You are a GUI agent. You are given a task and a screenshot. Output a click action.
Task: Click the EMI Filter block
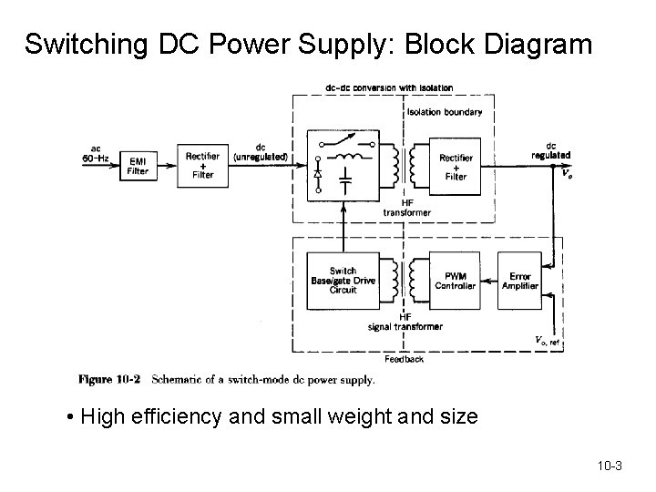tap(138, 167)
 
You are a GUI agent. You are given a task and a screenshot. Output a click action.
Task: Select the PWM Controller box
tap(455, 281)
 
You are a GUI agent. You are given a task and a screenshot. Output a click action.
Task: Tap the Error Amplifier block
tap(519, 281)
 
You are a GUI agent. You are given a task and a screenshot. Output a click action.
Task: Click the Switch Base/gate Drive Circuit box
tap(343, 282)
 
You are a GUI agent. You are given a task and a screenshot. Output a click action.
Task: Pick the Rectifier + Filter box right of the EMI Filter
tap(202, 166)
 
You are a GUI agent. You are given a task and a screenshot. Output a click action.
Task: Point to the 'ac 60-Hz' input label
tap(96, 154)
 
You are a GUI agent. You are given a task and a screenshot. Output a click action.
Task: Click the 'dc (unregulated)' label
tap(261, 152)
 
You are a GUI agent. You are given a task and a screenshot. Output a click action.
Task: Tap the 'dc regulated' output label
tap(550, 150)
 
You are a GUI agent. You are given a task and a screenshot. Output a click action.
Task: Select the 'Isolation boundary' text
tap(446, 112)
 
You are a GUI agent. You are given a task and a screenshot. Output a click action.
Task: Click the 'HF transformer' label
tap(406, 208)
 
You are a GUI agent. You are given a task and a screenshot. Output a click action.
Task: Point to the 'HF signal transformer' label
tap(405, 322)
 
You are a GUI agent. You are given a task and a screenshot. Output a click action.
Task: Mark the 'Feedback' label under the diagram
tap(403, 359)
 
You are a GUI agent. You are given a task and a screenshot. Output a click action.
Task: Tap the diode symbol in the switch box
tap(318, 171)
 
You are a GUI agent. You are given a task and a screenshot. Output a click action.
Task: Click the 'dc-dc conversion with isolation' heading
tap(389, 87)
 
